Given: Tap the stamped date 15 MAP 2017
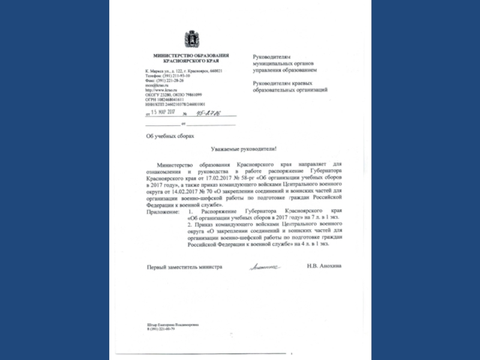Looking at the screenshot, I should coord(162,112).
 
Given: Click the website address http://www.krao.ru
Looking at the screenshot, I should coord(159,90).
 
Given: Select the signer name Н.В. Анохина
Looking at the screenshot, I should coord(323,266).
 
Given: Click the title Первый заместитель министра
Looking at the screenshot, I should coord(184,266).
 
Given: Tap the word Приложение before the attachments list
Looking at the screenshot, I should coord(163,212).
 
